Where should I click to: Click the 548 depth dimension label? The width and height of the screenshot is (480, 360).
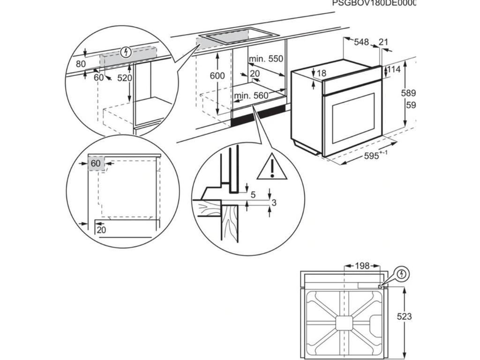point(361,42)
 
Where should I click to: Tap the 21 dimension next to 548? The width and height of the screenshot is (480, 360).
point(383,42)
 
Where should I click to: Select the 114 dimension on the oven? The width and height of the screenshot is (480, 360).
point(395,70)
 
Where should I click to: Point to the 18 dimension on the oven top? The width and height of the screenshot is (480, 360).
point(321,73)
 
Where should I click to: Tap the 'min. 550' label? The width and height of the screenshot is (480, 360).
point(266,59)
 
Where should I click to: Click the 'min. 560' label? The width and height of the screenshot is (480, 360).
point(251,96)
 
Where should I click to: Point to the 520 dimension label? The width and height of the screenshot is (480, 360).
point(125,78)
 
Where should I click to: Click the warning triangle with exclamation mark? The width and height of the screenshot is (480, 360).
point(271,168)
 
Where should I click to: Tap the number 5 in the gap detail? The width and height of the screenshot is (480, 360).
point(253,195)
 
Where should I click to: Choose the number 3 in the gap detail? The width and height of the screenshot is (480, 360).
point(274,202)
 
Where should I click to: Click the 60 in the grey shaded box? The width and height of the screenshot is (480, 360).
point(96,163)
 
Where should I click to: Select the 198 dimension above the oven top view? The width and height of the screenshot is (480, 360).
point(362,266)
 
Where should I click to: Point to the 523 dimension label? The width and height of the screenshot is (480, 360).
point(404,316)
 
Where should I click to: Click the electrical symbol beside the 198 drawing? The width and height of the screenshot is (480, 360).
point(402,274)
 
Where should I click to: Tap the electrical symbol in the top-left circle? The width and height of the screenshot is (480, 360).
point(125,52)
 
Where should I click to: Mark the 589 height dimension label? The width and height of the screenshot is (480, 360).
point(408,93)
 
